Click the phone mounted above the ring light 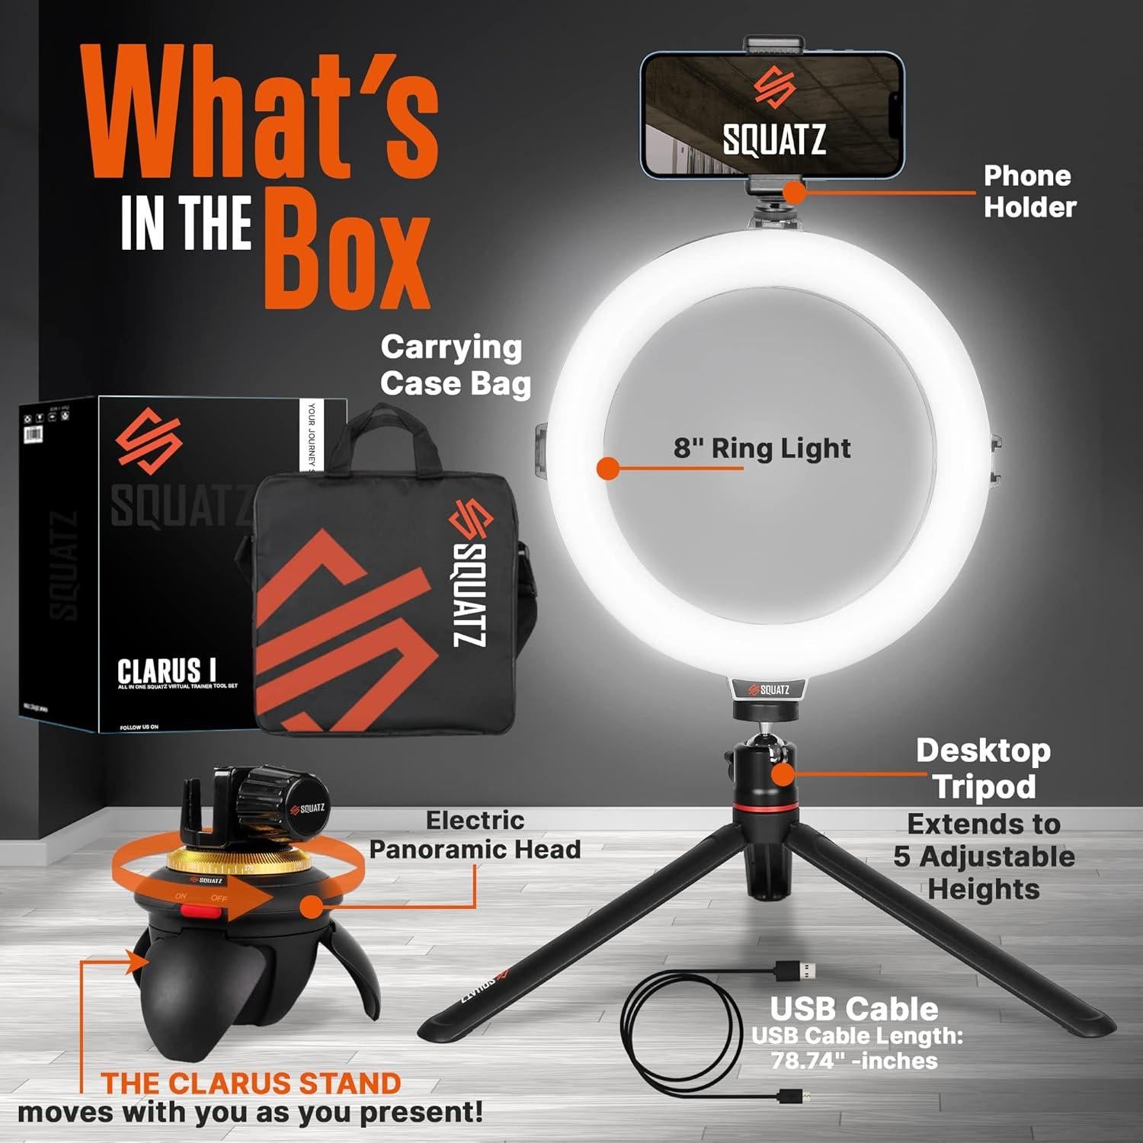coord(773,114)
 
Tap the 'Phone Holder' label coord(1029,191)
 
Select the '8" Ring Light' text coord(761,448)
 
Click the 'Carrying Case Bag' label coord(455,366)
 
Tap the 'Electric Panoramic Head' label coord(475,835)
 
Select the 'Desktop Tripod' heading coord(984,768)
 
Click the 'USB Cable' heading coord(853,1009)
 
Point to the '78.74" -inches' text coord(854,1061)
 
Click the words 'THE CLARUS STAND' coord(251,1083)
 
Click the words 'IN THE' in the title coord(187,223)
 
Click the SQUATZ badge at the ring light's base coord(768,690)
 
